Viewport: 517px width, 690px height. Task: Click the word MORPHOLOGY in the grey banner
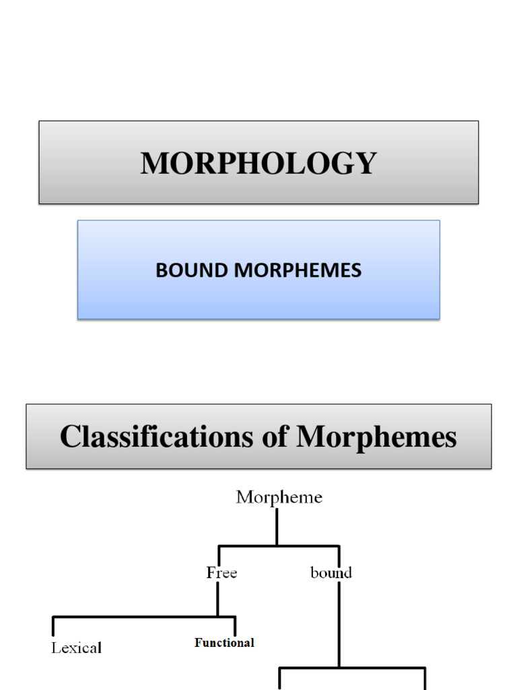(258, 164)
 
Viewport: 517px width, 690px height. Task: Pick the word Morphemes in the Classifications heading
(376, 437)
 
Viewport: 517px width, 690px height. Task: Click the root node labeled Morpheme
(279, 498)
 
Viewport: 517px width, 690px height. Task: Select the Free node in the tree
(221, 573)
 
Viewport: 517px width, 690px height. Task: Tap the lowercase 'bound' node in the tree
(331, 573)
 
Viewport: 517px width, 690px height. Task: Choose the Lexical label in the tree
(77, 648)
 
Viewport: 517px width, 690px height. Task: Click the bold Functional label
(224, 643)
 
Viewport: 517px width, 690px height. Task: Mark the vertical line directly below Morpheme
(277, 527)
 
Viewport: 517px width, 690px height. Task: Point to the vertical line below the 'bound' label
(339, 623)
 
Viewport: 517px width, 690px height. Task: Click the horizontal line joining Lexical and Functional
(143, 617)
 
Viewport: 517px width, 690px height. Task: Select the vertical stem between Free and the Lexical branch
(217, 598)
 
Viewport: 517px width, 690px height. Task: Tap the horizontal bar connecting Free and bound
(278, 546)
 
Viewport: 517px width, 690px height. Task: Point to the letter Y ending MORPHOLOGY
(366, 164)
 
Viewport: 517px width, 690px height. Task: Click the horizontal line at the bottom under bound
(352, 668)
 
